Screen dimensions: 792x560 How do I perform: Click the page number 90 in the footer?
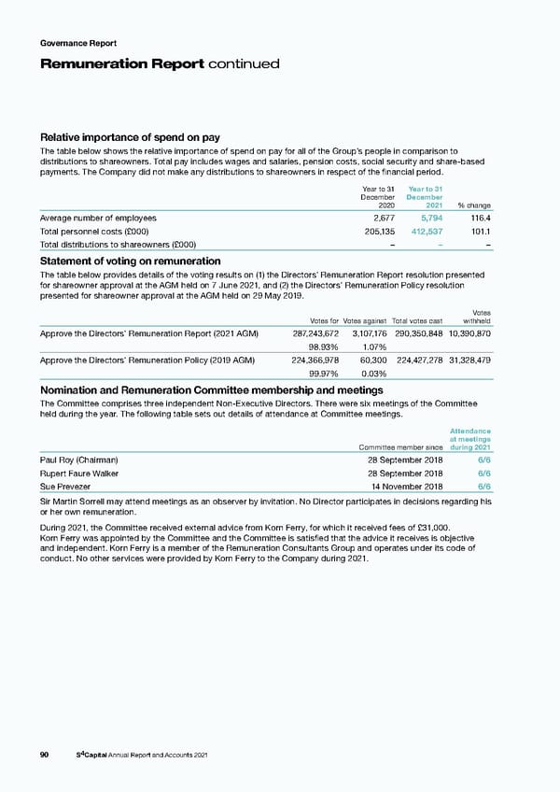click(44, 755)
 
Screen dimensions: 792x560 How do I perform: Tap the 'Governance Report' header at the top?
click(78, 42)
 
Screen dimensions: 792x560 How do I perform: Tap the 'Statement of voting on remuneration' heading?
click(130, 262)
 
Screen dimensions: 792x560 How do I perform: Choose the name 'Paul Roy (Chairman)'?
click(78, 460)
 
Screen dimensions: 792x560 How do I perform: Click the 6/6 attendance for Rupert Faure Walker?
click(484, 474)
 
